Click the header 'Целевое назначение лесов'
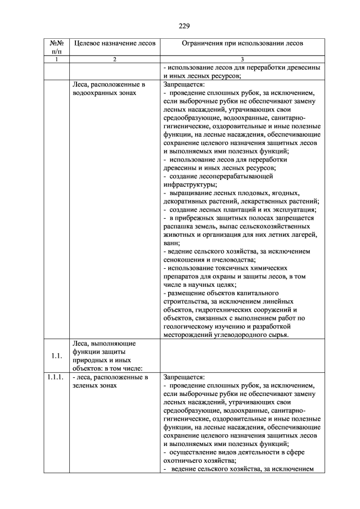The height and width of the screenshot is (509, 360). [114, 43]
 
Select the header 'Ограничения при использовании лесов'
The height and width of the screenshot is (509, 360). [242, 43]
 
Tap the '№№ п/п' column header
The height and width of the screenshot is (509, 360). [56, 47]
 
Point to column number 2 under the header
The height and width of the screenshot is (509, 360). [114, 59]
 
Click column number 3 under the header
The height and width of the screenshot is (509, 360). [242, 59]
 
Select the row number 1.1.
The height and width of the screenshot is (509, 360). [56, 355]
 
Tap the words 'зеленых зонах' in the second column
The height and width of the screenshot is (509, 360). [96, 386]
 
